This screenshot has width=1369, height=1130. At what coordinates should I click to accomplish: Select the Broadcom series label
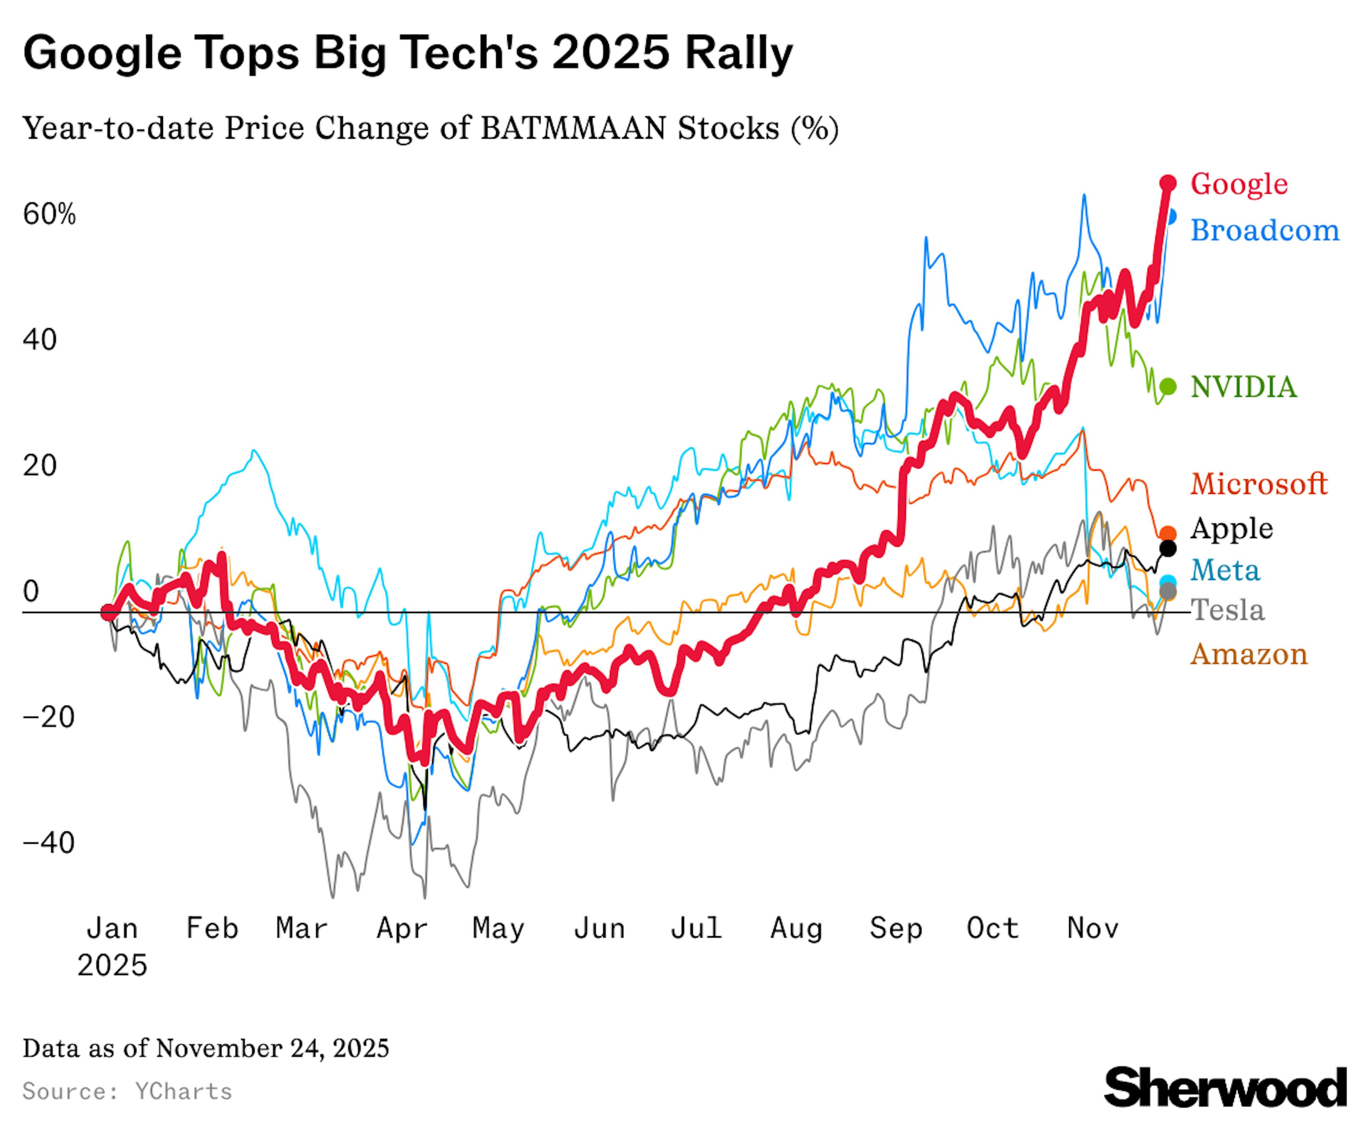[x=1264, y=231]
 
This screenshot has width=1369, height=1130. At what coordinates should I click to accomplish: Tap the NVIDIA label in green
[x=1243, y=387]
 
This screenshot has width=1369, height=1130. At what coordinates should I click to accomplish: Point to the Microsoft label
[x=1258, y=484]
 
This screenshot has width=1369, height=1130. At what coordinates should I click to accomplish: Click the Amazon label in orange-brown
[x=1248, y=654]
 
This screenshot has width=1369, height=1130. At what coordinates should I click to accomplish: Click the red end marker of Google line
[x=1168, y=184]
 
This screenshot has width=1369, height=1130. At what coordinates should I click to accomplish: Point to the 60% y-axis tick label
[x=50, y=215]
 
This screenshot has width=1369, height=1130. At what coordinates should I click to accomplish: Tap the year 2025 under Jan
[x=112, y=965]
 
